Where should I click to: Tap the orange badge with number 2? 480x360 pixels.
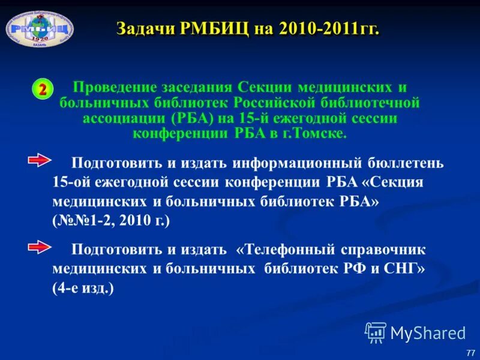click(x=43, y=89)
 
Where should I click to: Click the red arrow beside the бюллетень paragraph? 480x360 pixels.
click(x=41, y=161)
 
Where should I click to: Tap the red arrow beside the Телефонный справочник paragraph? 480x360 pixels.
click(x=41, y=247)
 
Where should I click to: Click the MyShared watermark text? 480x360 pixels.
click(x=427, y=332)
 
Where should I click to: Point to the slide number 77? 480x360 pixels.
click(x=470, y=352)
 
